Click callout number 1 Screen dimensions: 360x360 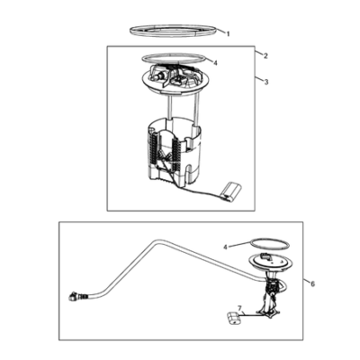click(x=228, y=34)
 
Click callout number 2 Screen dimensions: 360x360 click(x=265, y=56)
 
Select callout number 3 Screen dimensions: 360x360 click(x=266, y=82)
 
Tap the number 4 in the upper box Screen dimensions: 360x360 click(x=215, y=63)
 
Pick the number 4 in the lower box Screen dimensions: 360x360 click(x=226, y=247)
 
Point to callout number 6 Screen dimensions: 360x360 click(x=312, y=283)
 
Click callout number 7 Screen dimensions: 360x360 click(x=239, y=308)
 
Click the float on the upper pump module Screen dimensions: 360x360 click(x=231, y=191)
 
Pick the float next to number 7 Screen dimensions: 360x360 click(x=233, y=319)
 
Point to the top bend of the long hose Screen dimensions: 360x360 click(x=156, y=242)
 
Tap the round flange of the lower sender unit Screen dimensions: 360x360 click(x=271, y=264)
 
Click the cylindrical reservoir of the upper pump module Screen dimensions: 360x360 click(x=174, y=151)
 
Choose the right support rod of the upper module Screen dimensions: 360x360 click(x=196, y=108)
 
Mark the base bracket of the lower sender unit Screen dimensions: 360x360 click(x=269, y=313)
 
